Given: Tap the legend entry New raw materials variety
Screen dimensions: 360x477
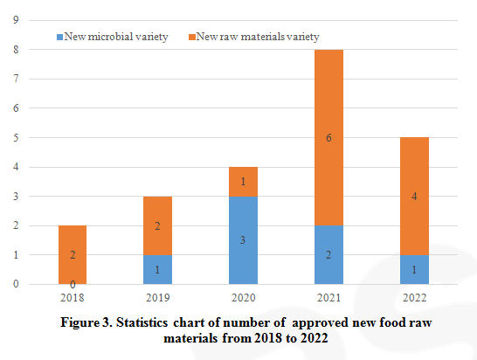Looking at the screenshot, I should [252, 37].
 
